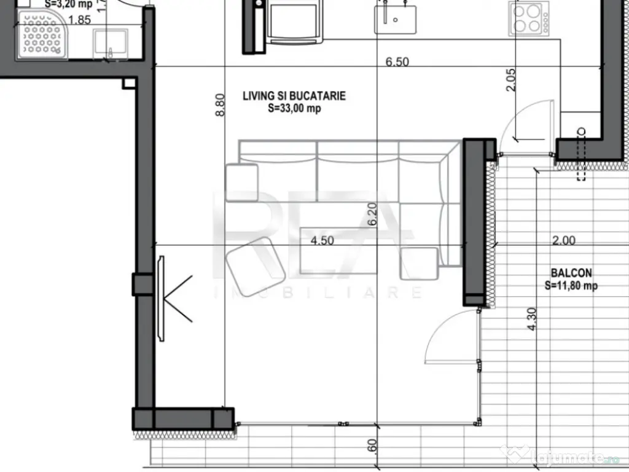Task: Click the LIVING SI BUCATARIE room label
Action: tap(294, 96)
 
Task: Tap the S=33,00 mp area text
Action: tap(294, 109)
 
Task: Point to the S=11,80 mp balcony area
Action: tap(571, 285)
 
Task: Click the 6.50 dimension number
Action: tap(397, 61)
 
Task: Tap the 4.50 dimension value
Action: tap(322, 241)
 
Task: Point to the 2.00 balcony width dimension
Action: tap(563, 241)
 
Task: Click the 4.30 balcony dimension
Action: tap(533, 320)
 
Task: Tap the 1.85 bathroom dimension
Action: tap(79, 20)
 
